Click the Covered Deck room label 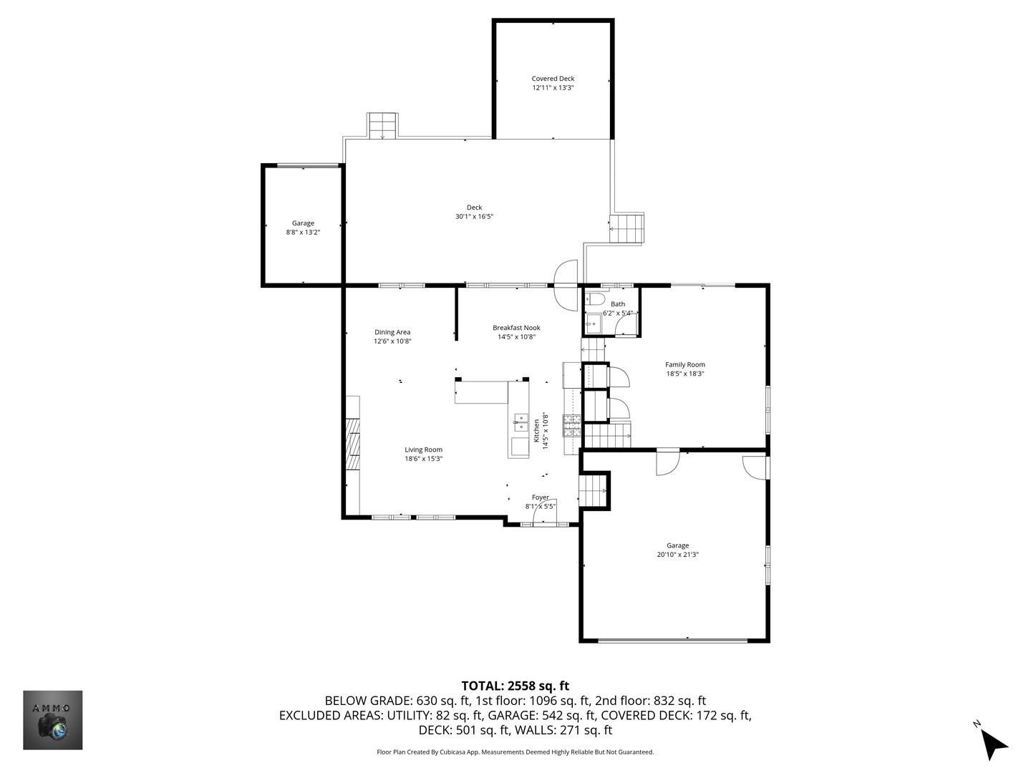[553, 79]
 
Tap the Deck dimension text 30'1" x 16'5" [474, 217]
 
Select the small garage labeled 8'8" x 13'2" [303, 228]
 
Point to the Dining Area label [392, 332]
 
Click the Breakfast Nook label [516, 328]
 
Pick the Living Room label [423, 450]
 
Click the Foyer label [541, 497]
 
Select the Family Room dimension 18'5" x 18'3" [685, 374]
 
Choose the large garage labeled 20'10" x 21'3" [677, 550]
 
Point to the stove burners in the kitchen [572, 427]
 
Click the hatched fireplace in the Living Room [352, 444]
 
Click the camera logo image [53, 720]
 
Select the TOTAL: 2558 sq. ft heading [515, 686]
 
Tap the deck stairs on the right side [628, 228]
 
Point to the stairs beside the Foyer [593, 491]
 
